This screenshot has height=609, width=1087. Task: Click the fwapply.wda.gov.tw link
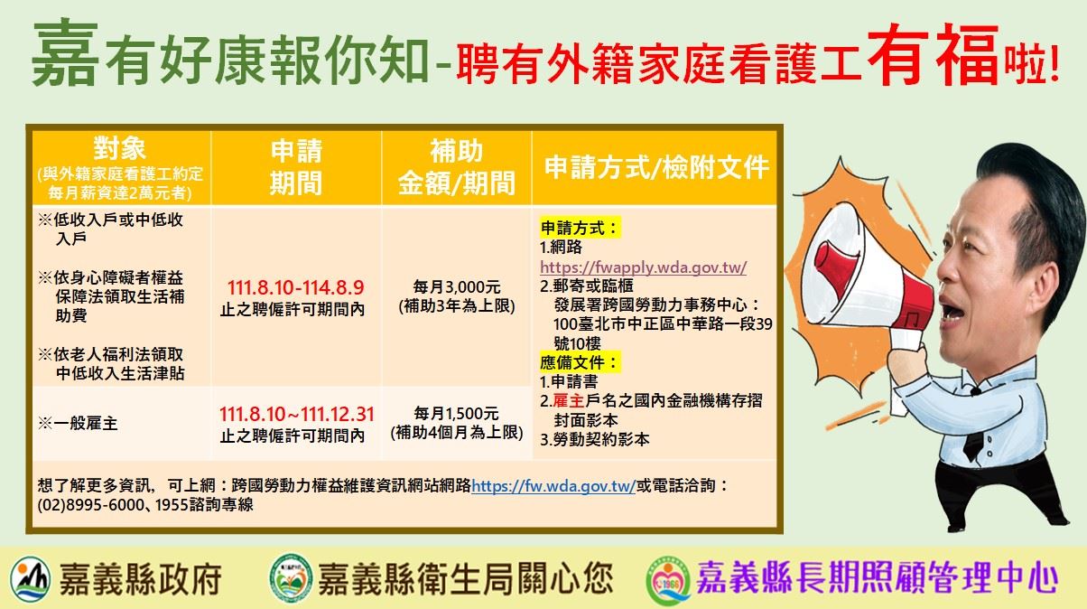(643, 267)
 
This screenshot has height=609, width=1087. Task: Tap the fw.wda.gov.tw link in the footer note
(553, 485)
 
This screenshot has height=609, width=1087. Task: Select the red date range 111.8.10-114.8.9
(295, 287)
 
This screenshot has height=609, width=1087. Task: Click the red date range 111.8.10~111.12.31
(296, 414)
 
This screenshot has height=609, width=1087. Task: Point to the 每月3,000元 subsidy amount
(457, 287)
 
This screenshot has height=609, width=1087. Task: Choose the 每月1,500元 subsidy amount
(456, 414)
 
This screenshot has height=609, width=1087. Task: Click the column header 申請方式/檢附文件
(656, 167)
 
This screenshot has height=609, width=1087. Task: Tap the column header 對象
(119, 148)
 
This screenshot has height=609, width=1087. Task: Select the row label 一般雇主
(86, 424)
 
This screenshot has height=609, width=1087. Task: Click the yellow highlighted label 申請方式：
(581, 228)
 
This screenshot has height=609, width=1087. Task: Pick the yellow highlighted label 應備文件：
(581, 362)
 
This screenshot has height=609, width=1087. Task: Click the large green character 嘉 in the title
(65, 52)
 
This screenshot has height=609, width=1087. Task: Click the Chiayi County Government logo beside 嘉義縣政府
(30, 579)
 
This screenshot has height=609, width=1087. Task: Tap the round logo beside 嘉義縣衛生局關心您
(290, 578)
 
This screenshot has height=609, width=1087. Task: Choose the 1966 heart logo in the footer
(668, 581)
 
